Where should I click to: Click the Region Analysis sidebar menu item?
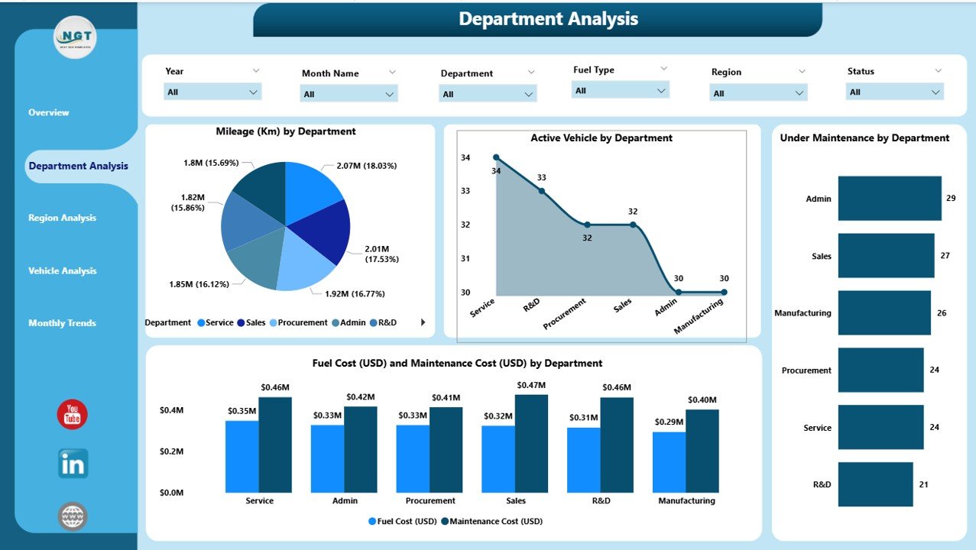(63, 218)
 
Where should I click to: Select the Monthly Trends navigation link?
(63, 323)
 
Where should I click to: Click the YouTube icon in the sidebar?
(73, 415)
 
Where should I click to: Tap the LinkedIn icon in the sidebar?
(73, 464)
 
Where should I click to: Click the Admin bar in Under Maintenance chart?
(890, 199)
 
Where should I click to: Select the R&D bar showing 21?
(875, 484)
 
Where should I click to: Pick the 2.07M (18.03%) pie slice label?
(366, 166)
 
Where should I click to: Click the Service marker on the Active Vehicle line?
(496, 157)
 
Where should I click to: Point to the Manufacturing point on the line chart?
(724, 292)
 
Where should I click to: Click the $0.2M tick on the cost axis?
(172, 451)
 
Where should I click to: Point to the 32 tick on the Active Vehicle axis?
(465, 225)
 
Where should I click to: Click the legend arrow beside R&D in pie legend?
(423, 322)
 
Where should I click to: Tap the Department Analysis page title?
(548, 19)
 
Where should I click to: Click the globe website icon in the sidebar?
(73, 516)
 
